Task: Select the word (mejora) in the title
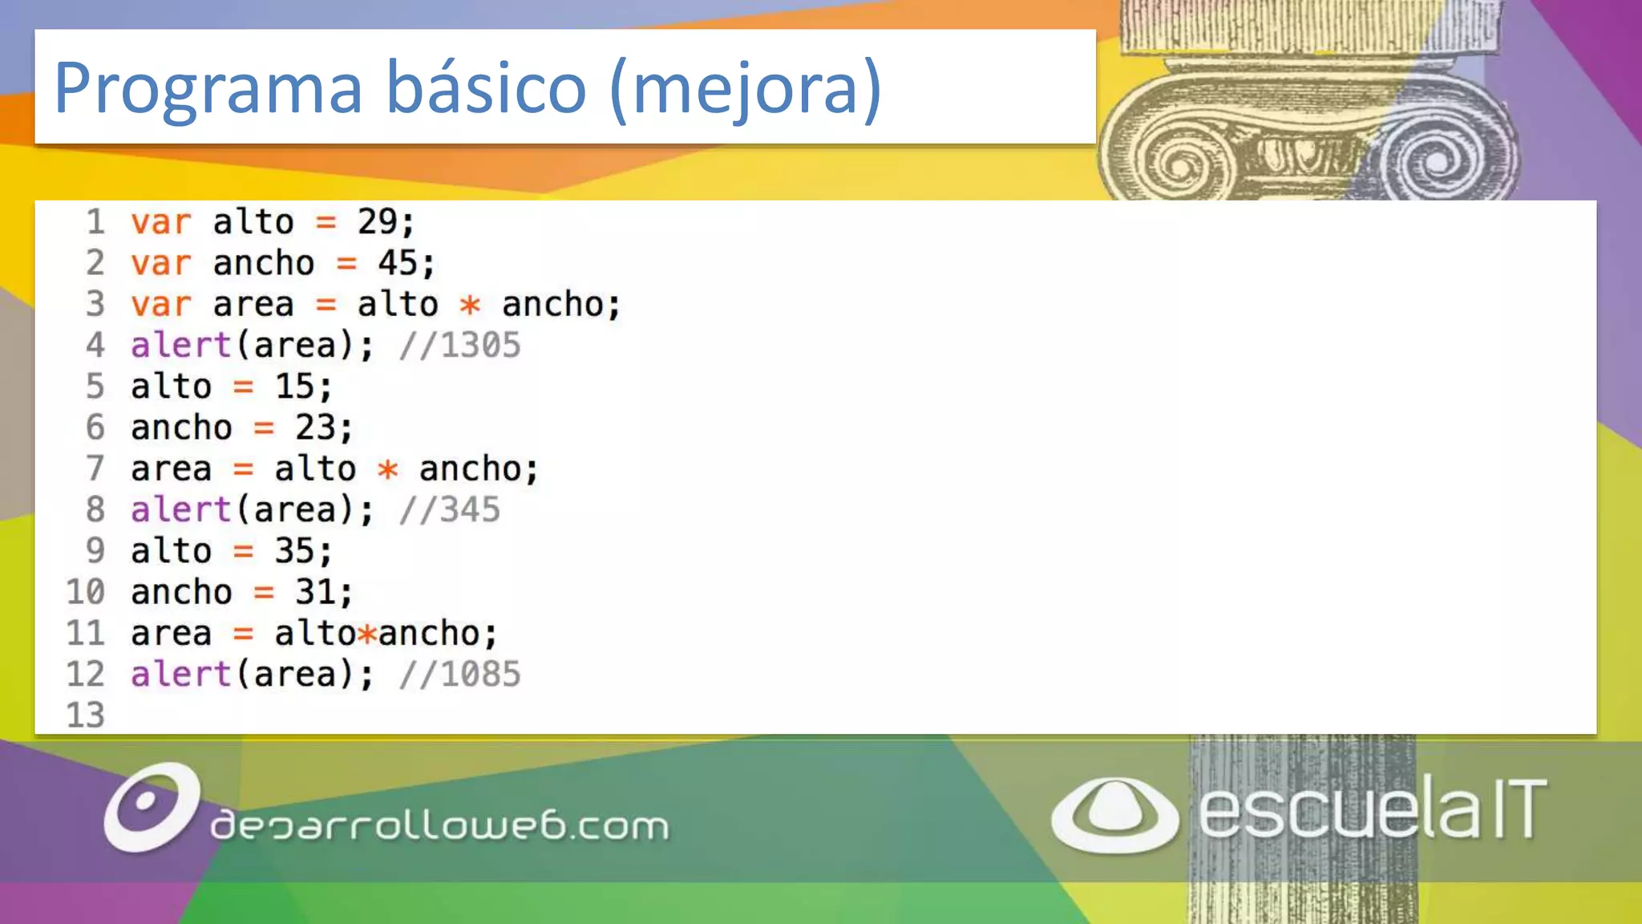coord(746,88)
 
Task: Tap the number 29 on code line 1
coord(377,222)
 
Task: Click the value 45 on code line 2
coord(398,263)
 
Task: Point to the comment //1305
coord(460,346)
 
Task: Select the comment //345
coord(450,510)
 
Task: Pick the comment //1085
coord(460,675)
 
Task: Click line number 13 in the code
coord(86,715)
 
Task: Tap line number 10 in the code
coord(86,592)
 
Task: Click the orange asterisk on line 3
coord(470,305)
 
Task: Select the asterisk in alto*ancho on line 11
coord(367,634)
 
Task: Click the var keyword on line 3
coord(161,305)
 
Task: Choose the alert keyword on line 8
coord(181,510)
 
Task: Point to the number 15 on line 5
coord(294,387)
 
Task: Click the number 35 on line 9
coord(294,551)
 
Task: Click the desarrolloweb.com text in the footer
coord(439,825)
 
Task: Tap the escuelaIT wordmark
coord(1372,809)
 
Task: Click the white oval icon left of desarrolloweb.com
coord(152,807)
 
